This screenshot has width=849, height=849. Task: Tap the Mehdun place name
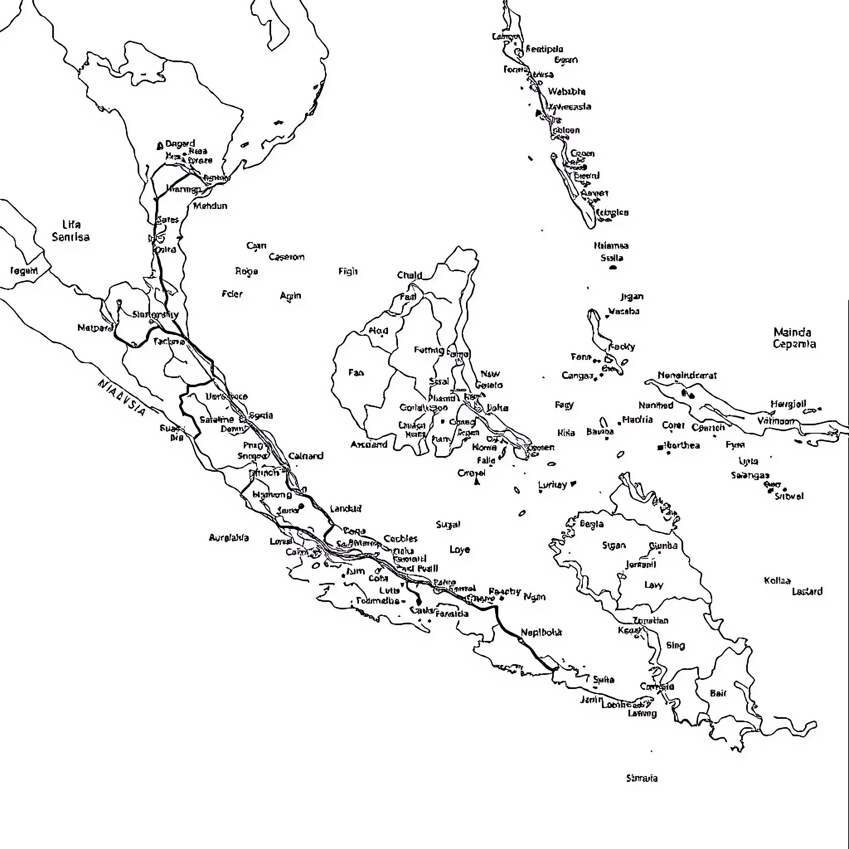point(210,206)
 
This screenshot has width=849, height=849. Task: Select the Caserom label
point(286,257)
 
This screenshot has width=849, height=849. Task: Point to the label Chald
point(410,275)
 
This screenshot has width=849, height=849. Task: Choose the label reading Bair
point(718,694)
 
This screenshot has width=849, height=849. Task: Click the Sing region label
point(675,645)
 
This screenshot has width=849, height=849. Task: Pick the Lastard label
point(807,592)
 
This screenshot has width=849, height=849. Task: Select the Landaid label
point(345,508)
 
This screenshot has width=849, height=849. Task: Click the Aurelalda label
point(228,537)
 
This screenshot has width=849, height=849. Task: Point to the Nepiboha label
point(541,632)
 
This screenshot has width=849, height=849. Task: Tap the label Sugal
point(448,524)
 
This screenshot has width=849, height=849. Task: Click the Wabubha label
point(566,91)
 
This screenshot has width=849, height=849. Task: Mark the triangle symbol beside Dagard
point(160,146)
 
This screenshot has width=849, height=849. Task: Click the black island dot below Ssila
point(613,267)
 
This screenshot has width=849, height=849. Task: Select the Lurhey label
point(552,485)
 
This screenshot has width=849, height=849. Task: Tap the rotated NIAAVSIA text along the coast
point(121,397)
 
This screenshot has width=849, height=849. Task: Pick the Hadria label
point(637,420)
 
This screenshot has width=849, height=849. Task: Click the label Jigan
point(631,297)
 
